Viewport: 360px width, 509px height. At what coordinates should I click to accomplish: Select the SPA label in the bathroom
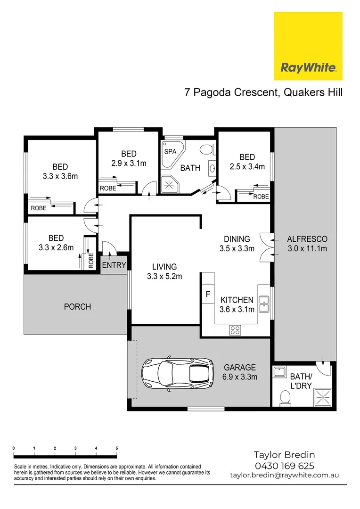tap(170, 152)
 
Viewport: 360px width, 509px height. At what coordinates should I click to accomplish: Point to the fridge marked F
tap(207, 295)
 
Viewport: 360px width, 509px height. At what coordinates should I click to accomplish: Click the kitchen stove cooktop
tap(235, 329)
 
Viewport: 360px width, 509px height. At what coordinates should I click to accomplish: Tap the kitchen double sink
tap(264, 304)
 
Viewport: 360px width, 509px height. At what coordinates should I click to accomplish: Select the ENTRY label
tap(114, 265)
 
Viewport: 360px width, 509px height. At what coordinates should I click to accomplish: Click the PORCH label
tap(77, 307)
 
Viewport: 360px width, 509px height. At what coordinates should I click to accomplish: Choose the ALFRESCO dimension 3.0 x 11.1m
tap(307, 249)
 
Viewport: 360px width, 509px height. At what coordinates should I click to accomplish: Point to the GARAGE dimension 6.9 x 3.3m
tap(240, 377)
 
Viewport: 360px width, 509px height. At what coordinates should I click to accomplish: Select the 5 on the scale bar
tap(116, 448)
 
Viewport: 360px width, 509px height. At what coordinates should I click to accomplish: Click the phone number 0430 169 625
tap(284, 466)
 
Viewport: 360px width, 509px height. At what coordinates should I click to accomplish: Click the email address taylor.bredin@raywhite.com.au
tap(284, 475)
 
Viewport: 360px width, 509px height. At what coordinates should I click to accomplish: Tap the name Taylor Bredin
tap(284, 455)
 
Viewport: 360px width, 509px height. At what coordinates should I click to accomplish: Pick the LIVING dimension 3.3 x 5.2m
tap(164, 277)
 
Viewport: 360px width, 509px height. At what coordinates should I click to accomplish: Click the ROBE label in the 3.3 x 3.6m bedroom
tap(38, 208)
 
